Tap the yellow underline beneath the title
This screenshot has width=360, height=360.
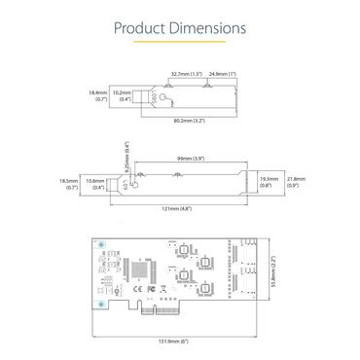coord(180,45)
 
